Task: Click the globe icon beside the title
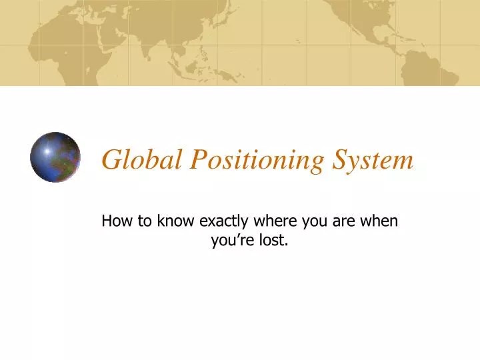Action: pyautogui.click(x=55, y=157)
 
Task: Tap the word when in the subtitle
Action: pyautogui.click(x=381, y=221)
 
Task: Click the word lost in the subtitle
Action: pyautogui.click(x=275, y=241)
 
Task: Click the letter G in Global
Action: pyautogui.click(x=111, y=160)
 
